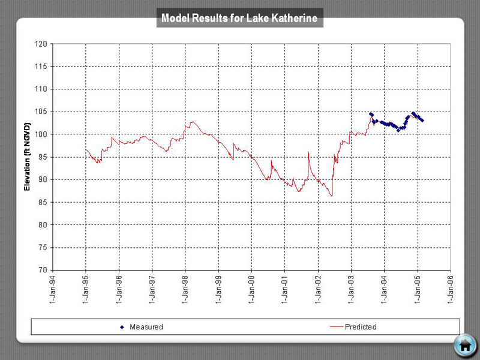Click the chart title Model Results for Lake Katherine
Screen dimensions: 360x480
tap(241, 18)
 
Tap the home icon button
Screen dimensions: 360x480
tap(464, 345)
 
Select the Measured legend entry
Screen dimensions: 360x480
tap(142, 327)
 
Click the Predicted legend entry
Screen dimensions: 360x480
tap(354, 327)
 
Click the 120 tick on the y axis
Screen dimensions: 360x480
tap(41, 44)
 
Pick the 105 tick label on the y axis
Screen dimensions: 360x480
tap(41, 112)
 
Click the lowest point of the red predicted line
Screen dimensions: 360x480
tap(331, 196)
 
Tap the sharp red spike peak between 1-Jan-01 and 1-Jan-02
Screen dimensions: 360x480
tap(308, 152)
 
